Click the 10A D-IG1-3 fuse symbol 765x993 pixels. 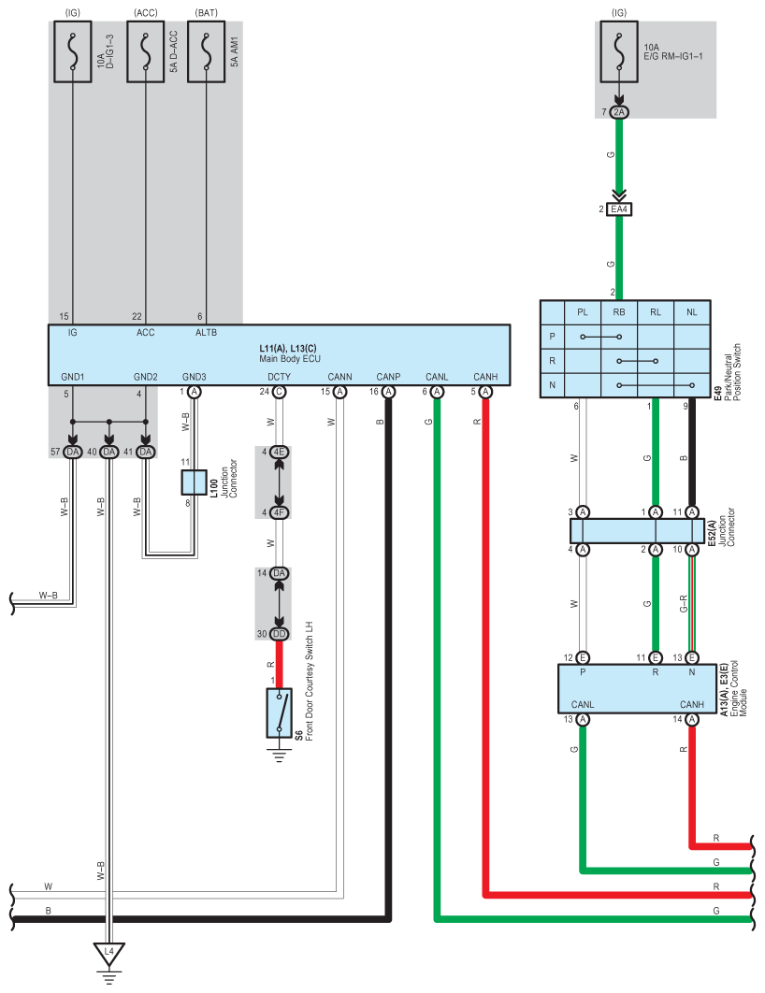tap(72, 52)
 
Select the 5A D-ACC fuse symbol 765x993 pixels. tap(146, 52)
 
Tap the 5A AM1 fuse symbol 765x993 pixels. tap(207, 52)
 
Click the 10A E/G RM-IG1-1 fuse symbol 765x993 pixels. tap(619, 52)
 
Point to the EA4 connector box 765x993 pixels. tap(619, 209)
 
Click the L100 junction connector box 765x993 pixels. tap(194, 482)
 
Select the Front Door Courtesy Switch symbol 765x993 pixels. tap(280, 713)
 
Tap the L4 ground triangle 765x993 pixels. tap(108, 954)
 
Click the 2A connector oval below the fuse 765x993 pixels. tap(619, 112)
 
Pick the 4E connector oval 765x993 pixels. tap(280, 453)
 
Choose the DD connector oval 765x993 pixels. tap(280, 634)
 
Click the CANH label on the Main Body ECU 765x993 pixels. tap(485, 377)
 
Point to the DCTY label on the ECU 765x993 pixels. tap(280, 377)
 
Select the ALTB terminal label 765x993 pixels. tap(207, 333)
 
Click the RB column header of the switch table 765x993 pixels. tap(619, 312)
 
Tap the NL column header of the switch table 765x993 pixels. tap(691, 312)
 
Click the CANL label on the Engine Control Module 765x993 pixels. tap(583, 704)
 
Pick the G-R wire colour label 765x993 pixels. tap(684, 603)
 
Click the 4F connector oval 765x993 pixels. tap(280, 512)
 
